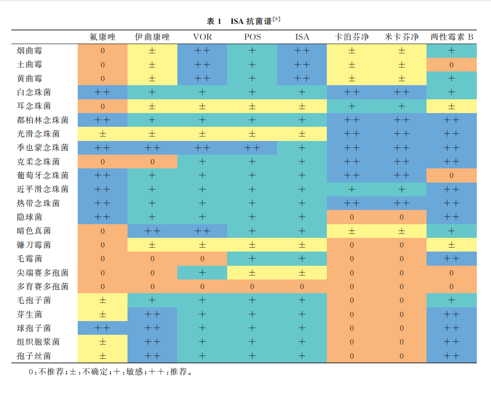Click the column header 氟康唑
pyautogui.click(x=102, y=37)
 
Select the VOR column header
pyautogui.click(x=202, y=37)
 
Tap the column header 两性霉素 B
pyautogui.click(x=451, y=37)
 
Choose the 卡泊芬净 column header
pyautogui.click(x=352, y=37)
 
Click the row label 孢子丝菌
pyautogui.click(x=34, y=356)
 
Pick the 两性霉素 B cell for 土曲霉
pyautogui.click(x=451, y=65)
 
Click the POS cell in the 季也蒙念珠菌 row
pyautogui.click(x=252, y=147)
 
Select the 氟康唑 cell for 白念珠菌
pyautogui.click(x=102, y=92)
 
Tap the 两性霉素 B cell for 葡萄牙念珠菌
pyautogui.click(x=451, y=175)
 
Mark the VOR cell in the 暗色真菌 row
pyautogui.click(x=202, y=231)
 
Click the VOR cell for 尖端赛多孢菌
pyautogui.click(x=202, y=273)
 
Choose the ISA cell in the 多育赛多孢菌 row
pyautogui.click(x=302, y=286)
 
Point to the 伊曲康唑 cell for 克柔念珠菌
pyautogui.click(x=152, y=162)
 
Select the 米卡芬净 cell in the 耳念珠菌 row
pyautogui.click(x=402, y=106)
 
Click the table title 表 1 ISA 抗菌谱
pyautogui.click(x=243, y=21)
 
